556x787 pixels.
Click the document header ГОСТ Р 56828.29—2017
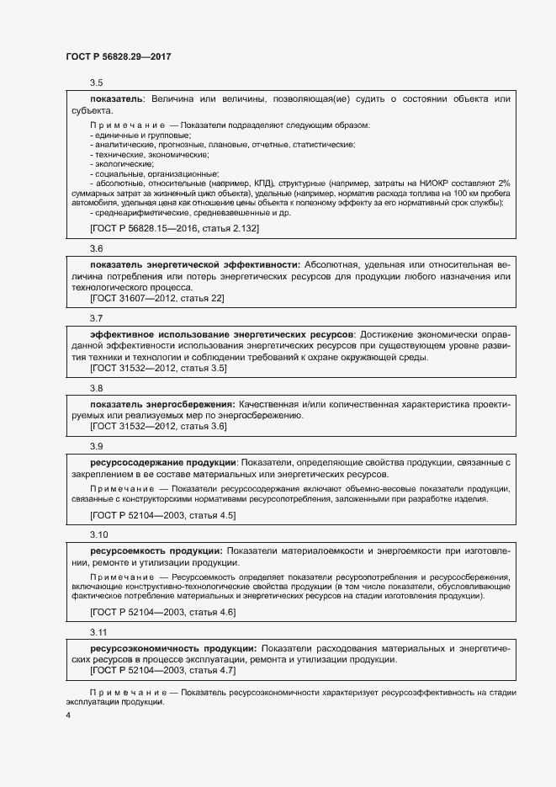click(119, 56)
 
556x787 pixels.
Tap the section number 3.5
click(97, 82)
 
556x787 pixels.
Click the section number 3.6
click(97, 248)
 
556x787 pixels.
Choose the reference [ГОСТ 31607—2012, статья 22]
click(156, 298)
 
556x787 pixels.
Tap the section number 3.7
click(97, 318)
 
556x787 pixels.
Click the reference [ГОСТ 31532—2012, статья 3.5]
click(158, 368)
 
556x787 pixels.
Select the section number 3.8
click(97, 388)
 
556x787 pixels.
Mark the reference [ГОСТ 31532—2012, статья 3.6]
click(158, 427)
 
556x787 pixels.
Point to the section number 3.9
click(97, 446)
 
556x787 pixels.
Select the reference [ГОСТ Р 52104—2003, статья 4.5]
click(162, 514)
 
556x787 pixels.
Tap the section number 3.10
click(99, 534)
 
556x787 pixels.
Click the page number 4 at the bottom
click(68, 715)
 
